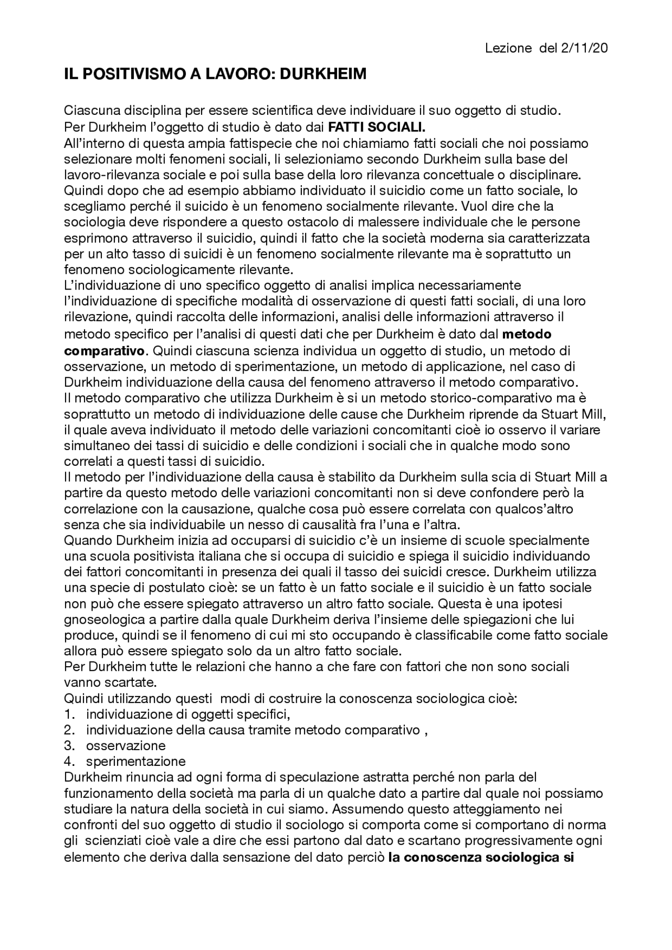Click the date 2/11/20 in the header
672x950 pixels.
click(584, 48)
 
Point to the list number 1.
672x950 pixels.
click(68, 714)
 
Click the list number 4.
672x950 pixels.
click(68, 762)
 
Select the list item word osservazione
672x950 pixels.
click(125, 746)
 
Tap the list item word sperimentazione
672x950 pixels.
click(135, 762)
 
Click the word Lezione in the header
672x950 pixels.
click(509, 48)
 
